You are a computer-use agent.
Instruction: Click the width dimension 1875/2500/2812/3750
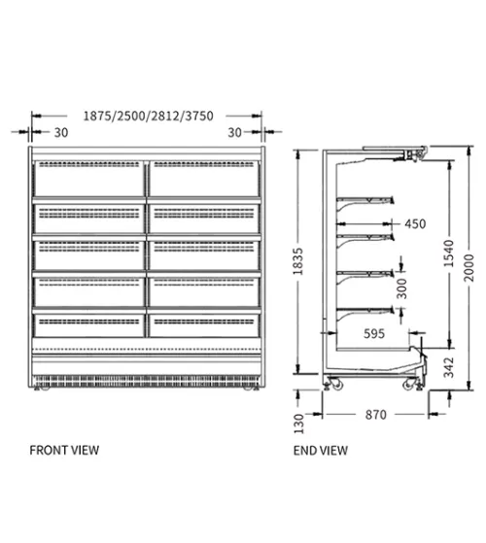149,116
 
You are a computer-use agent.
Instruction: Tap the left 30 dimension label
61,132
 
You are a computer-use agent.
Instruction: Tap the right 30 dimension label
234,132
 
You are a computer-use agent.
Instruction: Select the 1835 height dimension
297,261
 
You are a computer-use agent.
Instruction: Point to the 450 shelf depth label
415,224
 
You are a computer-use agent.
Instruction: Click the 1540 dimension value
449,254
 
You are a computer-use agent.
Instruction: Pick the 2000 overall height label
469,268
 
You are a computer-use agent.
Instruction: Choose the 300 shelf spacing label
401,288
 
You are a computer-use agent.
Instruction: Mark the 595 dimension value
374,333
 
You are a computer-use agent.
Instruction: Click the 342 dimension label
449,367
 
